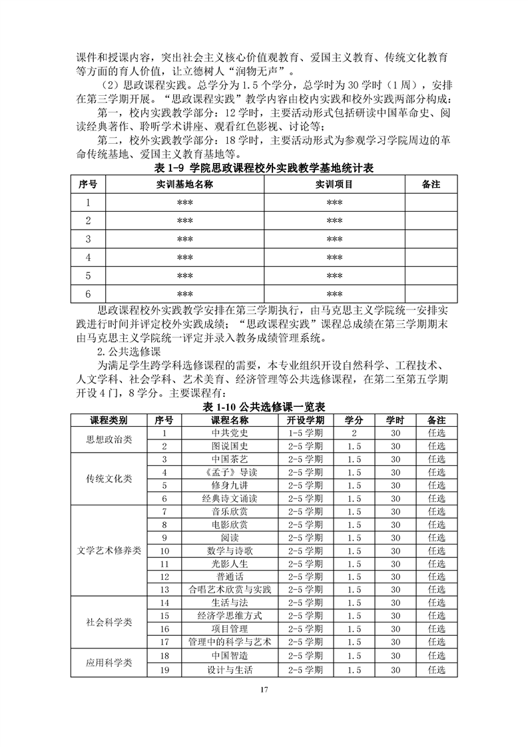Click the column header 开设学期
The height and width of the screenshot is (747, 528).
click(306, 420)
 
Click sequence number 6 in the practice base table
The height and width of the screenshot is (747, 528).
click(88, 294)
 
